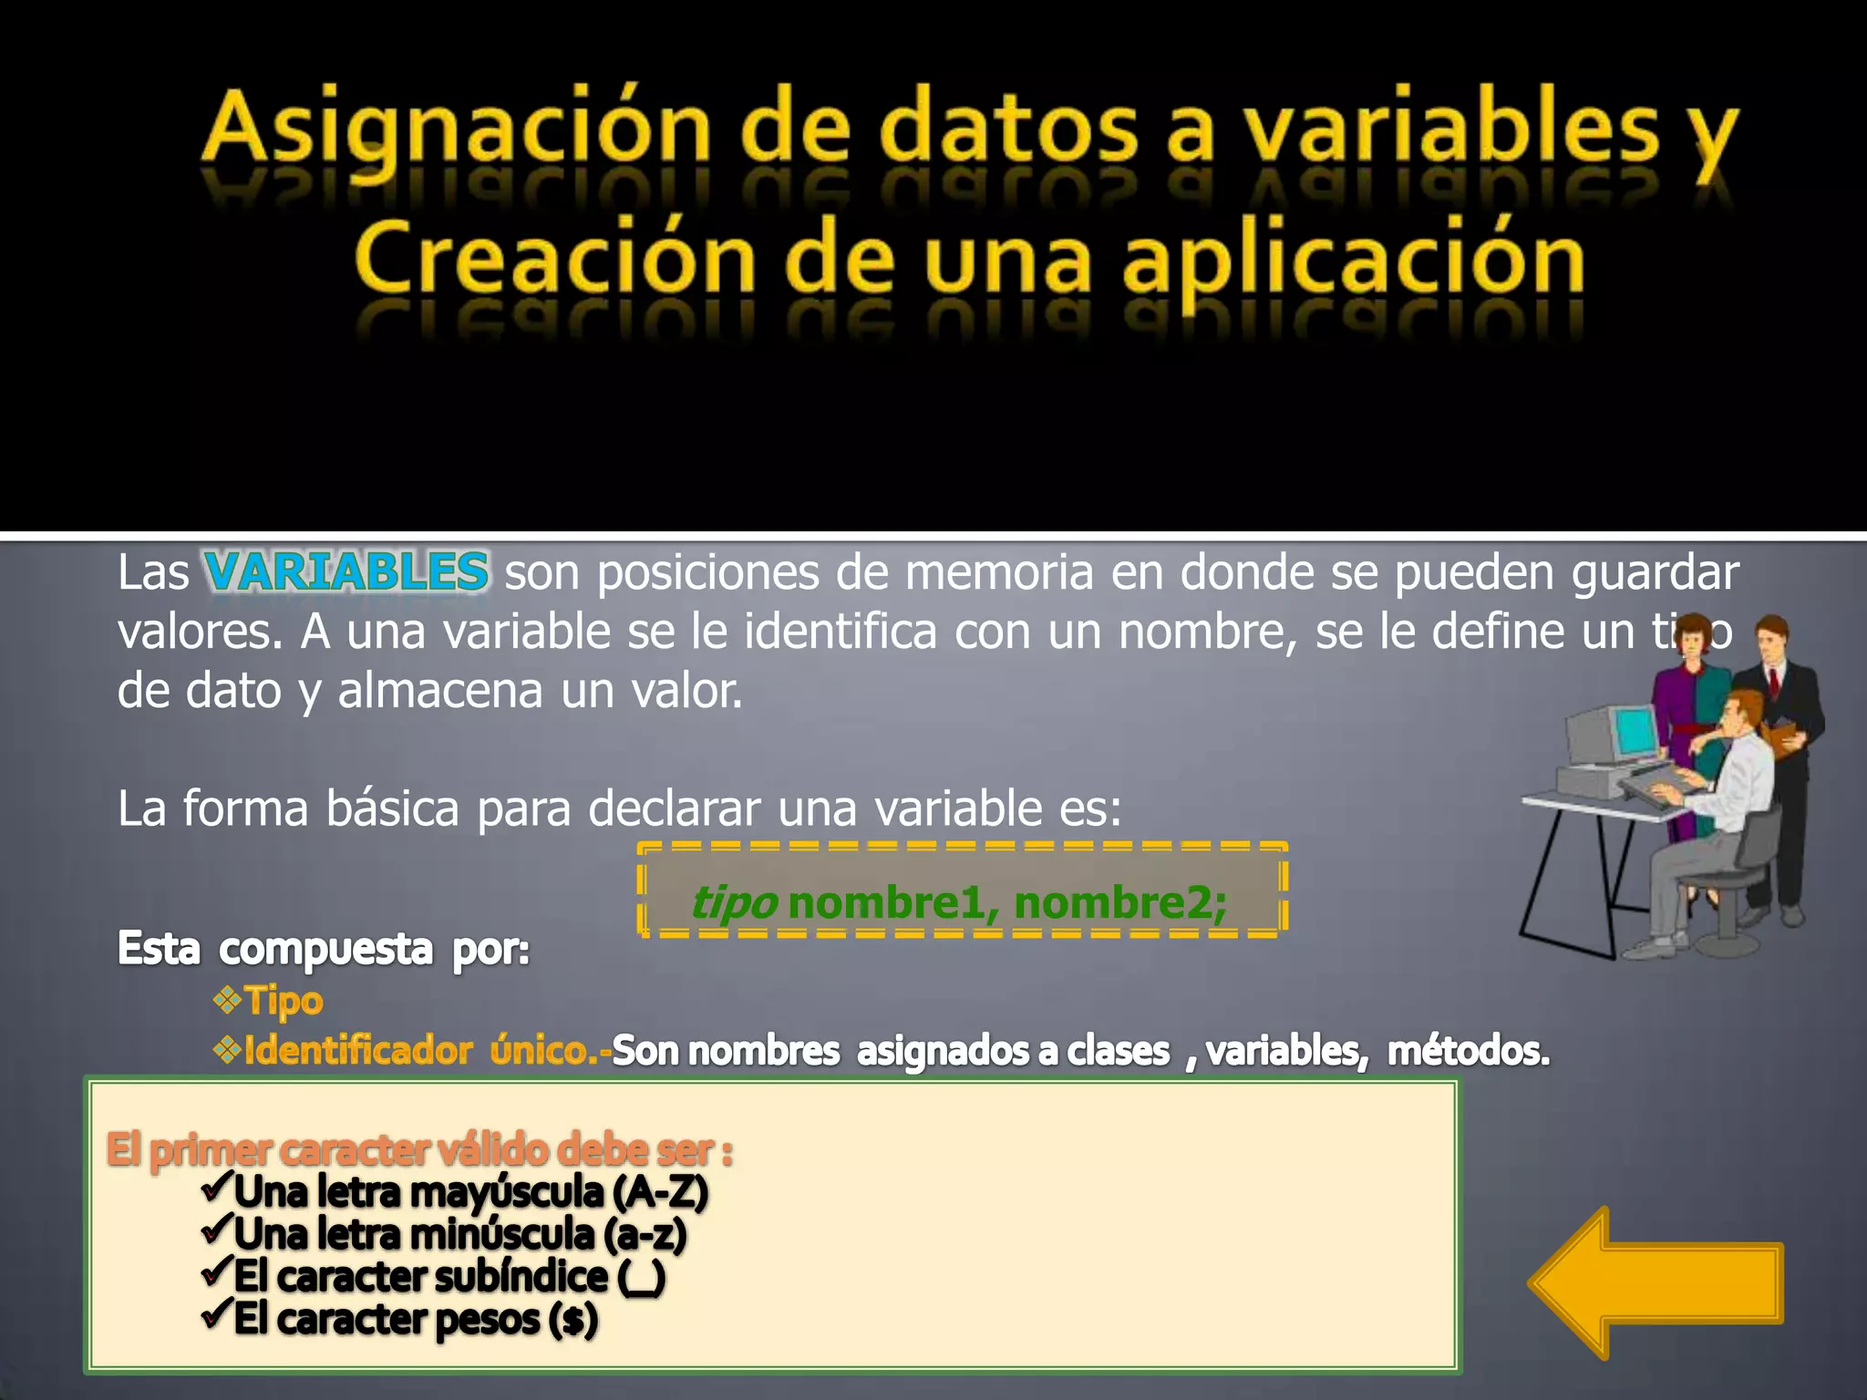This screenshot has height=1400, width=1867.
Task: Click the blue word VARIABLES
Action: [x=346, y=572]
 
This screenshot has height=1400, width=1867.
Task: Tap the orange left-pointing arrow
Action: [x=1655, y=1282]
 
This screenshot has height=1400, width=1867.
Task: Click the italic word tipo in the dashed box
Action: [x=734, y=903]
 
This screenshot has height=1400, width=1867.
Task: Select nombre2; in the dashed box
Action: [x=1120, y=903]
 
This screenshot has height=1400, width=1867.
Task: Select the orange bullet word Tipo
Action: [x=284, y=1001]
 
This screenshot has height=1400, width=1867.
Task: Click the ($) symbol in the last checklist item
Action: [x=573, y=1319]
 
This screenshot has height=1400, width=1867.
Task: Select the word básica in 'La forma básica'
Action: [x=393, y=808]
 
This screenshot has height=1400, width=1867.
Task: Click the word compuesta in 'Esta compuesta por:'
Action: [x=325, y=949]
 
